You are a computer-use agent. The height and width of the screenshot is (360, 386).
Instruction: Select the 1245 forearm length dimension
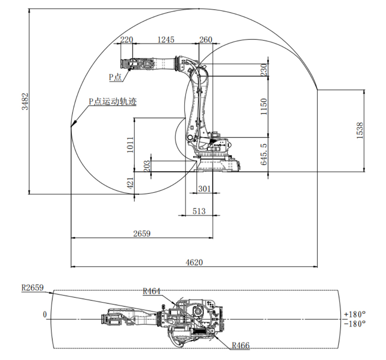[166, 40]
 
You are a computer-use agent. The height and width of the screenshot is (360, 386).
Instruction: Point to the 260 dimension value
[206, 40]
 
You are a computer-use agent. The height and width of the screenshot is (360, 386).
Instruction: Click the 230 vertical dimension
[264, 69]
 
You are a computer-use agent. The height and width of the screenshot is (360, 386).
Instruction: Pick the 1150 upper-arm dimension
[264, 107]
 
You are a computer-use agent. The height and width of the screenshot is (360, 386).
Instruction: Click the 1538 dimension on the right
[360, 131]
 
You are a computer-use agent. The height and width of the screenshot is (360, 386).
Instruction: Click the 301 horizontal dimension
[204, 189]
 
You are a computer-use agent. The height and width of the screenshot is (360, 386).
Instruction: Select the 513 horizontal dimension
[199, 211]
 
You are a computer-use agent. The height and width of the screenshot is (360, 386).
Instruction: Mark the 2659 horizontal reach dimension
[142, 233]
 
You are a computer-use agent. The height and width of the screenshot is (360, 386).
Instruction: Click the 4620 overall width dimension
[194, 262]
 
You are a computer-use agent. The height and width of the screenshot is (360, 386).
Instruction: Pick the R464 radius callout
[152, 291]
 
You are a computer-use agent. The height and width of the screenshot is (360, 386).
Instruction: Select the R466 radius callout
[240, 345]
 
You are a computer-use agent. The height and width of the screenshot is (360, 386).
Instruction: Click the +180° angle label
[354, 314]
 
